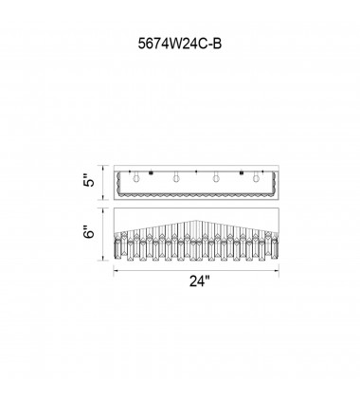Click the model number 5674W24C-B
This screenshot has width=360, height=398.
click(x=180, y=44)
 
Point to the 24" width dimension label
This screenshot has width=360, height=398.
click(x=200, y=280)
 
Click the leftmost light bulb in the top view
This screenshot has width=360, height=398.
click(x=136, y=177)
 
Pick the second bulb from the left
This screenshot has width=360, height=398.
click(x=176, y=177)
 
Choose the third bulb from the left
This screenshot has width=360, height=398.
click(x=216, y=177)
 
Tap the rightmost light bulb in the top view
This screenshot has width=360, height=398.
click(x=256, y=177)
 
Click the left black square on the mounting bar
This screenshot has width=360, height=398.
click(x=151, y=172)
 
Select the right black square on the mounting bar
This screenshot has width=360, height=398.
click(x=242, y=172)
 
